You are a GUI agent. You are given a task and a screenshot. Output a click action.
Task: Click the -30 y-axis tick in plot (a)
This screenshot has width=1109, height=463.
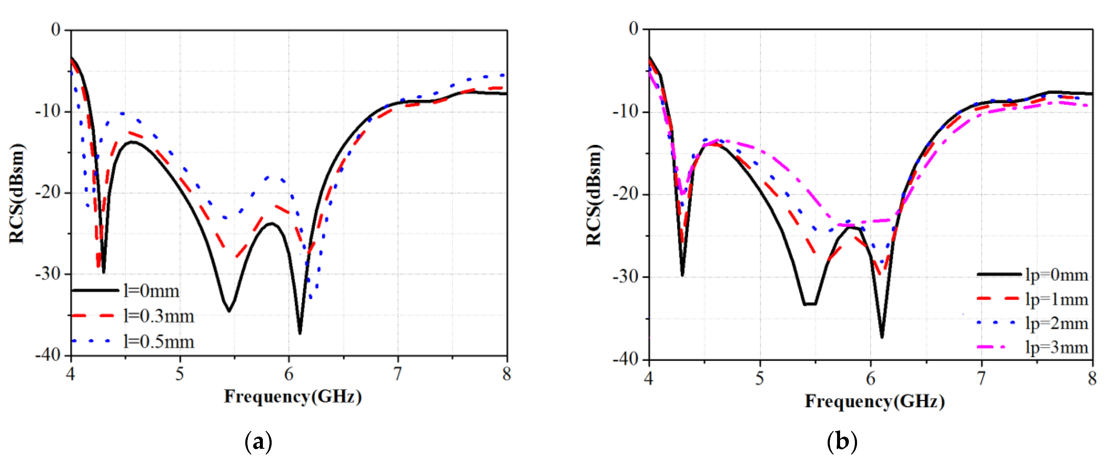pos(49,274)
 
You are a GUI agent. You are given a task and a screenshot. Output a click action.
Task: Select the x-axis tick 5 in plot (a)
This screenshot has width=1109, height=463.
pos(180,374)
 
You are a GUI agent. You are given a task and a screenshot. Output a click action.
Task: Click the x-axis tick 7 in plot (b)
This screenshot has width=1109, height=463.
pos(981,378)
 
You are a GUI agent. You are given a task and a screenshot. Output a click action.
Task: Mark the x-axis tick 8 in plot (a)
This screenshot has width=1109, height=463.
pos(507,374)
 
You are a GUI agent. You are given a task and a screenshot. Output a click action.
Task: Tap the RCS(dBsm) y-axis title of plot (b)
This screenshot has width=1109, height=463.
pos(594,195)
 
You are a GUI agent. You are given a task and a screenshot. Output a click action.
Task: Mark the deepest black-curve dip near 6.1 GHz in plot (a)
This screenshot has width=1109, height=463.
pos(300,333)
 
